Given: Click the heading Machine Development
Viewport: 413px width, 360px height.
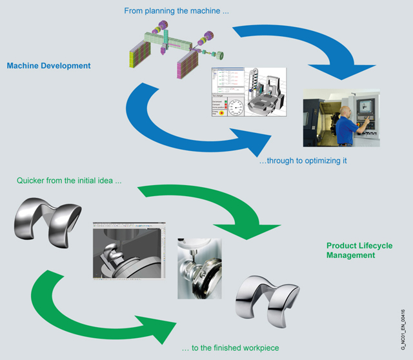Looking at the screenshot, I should point(48,65).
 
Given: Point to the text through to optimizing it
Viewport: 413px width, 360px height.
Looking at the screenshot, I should point(303,161).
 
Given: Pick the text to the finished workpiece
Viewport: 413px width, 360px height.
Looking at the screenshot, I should point(230,348).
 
